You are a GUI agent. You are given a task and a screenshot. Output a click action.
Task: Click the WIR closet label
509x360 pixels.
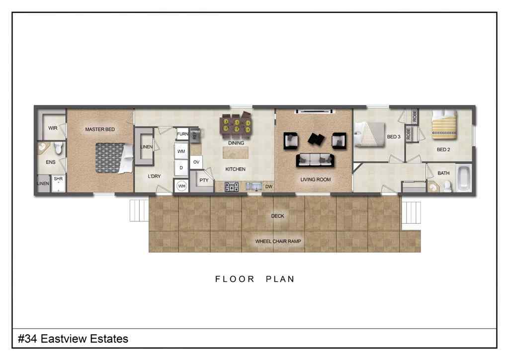pos(53,128)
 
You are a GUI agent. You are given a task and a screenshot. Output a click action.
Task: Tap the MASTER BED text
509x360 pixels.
pos(99,129)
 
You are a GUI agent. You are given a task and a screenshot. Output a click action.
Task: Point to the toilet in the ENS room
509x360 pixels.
pos(58,148)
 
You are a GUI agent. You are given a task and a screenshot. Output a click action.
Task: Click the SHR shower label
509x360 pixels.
pos(58,179)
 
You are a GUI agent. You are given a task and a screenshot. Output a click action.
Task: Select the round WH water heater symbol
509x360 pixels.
pos(181,186)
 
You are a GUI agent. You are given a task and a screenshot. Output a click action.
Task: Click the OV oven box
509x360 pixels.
pos(196,162)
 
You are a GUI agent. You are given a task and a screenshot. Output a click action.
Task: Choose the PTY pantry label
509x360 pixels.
pos(203,180)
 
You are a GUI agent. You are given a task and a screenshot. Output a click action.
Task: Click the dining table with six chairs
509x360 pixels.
pos(236,125)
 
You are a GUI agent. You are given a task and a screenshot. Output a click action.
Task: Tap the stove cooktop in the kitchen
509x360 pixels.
pos(232,187)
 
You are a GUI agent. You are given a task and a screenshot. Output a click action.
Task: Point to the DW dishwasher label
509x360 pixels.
pos(268,187)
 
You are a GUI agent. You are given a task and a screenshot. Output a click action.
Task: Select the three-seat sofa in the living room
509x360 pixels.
pos(315,160)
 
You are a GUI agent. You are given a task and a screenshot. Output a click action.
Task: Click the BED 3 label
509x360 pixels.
pos(394,137)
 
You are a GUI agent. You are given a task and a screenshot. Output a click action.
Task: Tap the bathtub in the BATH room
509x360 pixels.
pos(464,179)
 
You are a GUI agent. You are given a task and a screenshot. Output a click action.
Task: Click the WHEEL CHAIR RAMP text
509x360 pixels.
pos(278,241)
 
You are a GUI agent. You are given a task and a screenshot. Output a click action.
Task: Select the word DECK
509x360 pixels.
pos(277,216)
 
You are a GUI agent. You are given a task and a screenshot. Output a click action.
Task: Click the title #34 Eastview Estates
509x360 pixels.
pos(73,339)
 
